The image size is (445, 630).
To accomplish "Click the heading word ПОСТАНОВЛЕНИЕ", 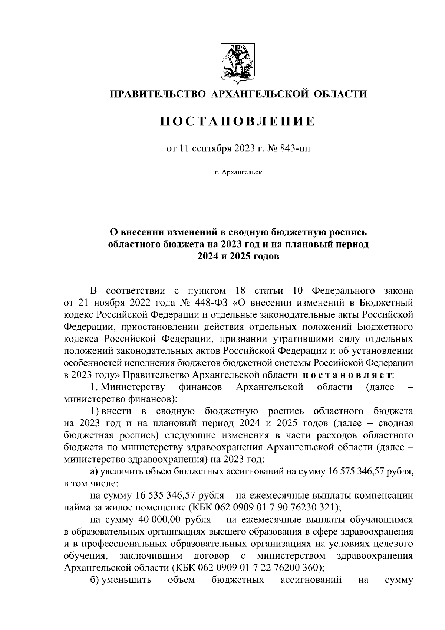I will coord(237,121).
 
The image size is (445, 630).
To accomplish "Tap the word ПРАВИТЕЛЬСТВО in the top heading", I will coord(156,94).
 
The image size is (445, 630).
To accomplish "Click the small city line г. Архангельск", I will coord(237,172).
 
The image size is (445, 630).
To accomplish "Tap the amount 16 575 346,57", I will coord(358,472).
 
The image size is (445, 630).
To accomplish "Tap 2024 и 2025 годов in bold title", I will coord(237,257).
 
